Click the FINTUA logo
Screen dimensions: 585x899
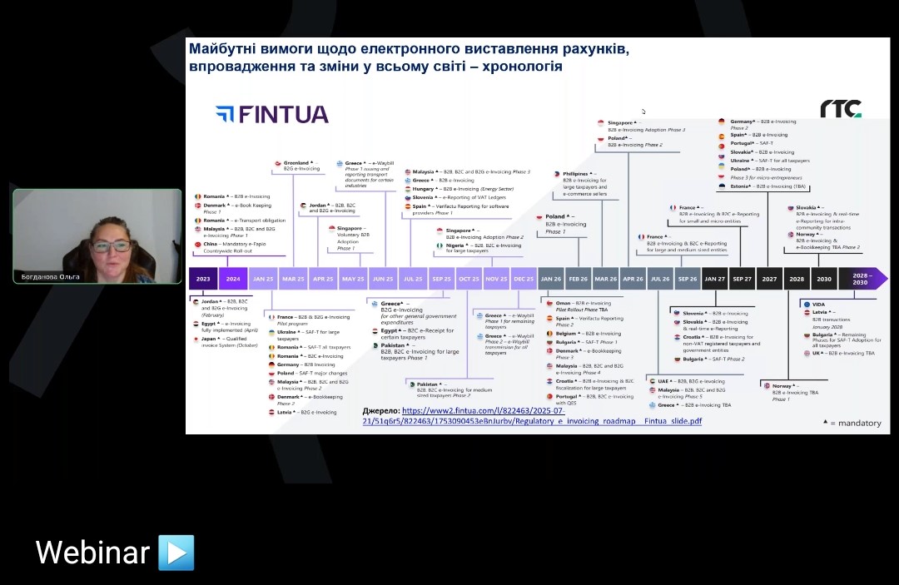point(271,114)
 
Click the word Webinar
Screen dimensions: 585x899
point(92,553)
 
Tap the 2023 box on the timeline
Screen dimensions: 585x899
point(203,279)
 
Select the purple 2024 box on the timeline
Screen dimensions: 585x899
point(233,279)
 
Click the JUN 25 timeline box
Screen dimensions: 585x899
point(384,279)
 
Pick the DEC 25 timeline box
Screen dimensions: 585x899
point(524,279)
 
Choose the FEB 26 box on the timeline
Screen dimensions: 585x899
point(578,279)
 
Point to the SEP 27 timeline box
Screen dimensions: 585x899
point(743,279)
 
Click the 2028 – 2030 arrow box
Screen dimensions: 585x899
point(861,279)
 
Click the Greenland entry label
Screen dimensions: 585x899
point(296,162)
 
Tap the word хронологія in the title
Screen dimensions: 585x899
point(515,66)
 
